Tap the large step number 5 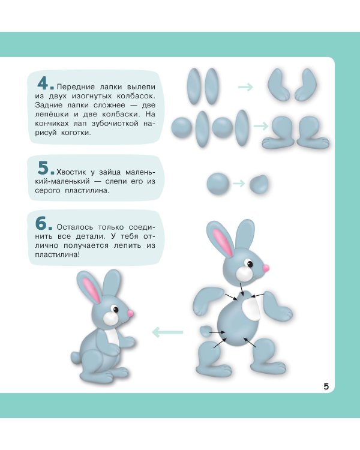pos(43,167)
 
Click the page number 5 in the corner pos(326,386)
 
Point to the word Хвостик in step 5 pos(71,172)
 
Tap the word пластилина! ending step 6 pos(58,254)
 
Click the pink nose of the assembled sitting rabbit pos(130,313)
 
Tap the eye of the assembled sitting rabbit pos(115,309)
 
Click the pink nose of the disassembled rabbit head pos(266,268)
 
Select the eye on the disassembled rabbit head pos(249,263)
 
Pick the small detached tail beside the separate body pos(205,331)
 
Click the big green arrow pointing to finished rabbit pos(167,332)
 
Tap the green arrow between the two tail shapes pos(239,184)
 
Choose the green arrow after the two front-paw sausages pos(245,86)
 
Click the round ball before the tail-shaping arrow pos(218,184)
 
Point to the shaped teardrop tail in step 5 pos(259,184)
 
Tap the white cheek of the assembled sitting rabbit pos(110,318)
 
